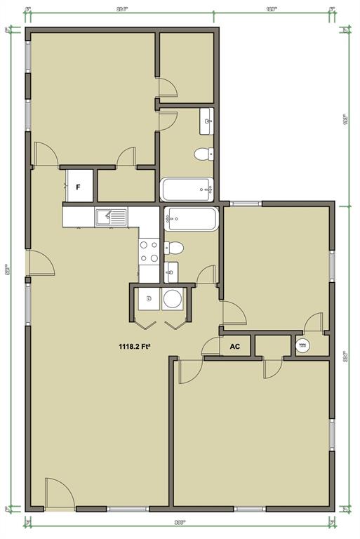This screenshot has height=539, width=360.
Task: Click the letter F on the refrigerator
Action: coord(79,187)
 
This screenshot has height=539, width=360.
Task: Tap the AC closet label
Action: coord(235,346)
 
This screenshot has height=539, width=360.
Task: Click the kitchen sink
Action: coord(111,216)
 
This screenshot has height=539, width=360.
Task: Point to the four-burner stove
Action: coord(148,251)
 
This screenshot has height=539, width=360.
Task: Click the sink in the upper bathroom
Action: coord(207,121)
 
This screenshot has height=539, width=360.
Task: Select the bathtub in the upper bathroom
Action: coord(187,188)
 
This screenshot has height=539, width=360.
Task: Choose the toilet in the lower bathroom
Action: coord(174,248)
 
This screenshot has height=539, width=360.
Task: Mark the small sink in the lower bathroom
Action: coord(172,270)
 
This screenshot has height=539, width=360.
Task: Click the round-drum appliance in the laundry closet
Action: coord(173,300)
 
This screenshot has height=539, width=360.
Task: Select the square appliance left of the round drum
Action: coord(149,300)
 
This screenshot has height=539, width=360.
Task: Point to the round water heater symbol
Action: coord(303,345)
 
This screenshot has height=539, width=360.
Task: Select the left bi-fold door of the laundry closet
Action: coord(146,324)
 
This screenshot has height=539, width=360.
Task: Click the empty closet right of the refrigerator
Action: coord(126,186)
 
